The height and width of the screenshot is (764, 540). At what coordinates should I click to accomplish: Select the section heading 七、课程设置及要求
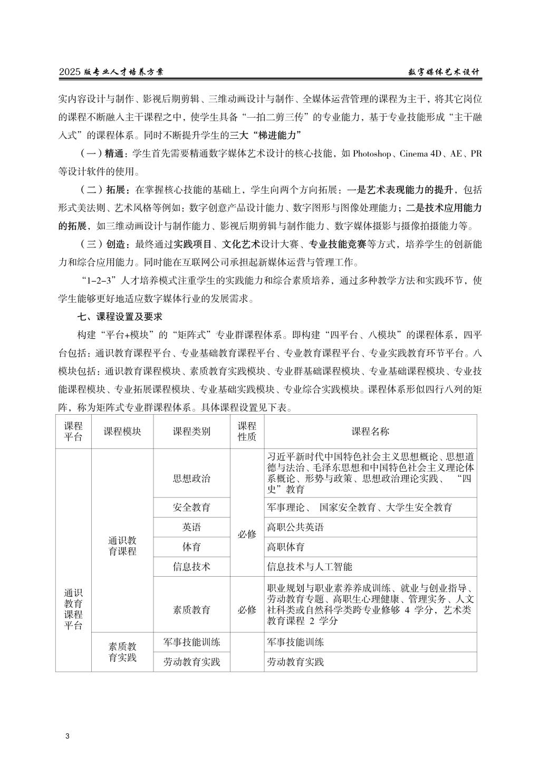click(120, 317)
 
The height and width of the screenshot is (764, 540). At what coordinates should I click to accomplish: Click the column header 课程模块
click(122, 431)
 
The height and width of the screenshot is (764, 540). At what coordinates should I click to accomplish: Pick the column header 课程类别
click(191, 431)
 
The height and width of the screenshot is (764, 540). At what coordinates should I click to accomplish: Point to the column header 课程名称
click(370, 431)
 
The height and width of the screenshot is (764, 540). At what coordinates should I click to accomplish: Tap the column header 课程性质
click(247, 431)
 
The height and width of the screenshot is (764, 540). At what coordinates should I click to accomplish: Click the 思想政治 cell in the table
click(191, 478)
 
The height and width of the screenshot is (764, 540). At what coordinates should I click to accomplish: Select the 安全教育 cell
click(191, 507)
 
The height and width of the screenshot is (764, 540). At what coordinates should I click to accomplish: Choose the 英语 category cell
click(191, 527)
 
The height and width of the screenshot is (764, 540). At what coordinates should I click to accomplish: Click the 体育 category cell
click(191, 547)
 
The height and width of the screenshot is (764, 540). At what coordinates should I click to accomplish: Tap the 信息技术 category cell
click(191, 567)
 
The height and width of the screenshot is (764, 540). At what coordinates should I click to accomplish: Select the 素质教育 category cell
click(191, 609)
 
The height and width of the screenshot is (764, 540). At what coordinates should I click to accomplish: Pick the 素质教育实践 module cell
click(122, 652)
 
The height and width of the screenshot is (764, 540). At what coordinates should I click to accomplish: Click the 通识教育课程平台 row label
click(73, 609)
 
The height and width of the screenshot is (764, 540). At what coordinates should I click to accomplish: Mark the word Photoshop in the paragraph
click(372, 154)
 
